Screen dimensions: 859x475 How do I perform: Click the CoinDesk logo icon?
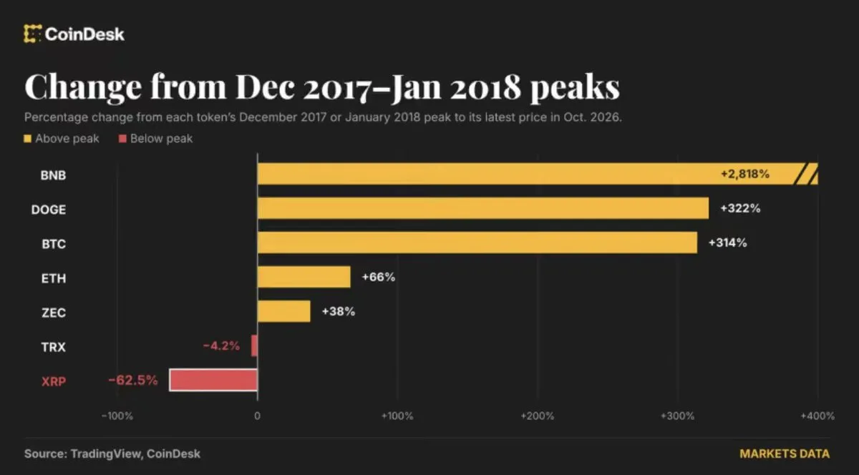point(32,34)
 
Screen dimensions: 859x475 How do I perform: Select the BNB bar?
point(538,174)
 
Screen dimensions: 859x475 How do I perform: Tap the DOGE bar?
point(483,208)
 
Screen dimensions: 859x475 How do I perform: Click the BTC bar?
point(477,243)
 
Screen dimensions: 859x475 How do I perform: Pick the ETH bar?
point(304,277)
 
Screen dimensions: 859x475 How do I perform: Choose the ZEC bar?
point(283,311)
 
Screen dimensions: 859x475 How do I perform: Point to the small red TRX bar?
point(254,346)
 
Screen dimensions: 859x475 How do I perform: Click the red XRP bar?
point(213,380)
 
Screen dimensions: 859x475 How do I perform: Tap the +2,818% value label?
point(745,174)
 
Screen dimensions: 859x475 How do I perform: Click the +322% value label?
point(740,208)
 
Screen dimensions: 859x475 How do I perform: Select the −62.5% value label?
point(132,380)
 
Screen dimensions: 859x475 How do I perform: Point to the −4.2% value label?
point(221,346)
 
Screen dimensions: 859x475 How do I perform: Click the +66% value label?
point(379,277)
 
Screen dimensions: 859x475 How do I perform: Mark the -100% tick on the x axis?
point(117,416)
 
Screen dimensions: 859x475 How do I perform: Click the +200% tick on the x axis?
point(538,416)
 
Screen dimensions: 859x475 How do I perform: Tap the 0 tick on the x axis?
point(257,416)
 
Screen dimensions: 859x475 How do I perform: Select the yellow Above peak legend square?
point(27,138)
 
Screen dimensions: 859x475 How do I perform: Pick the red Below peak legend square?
point(122,138)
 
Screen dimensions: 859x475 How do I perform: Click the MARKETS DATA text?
point(785,454)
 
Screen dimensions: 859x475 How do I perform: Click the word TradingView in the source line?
point(105,454)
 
